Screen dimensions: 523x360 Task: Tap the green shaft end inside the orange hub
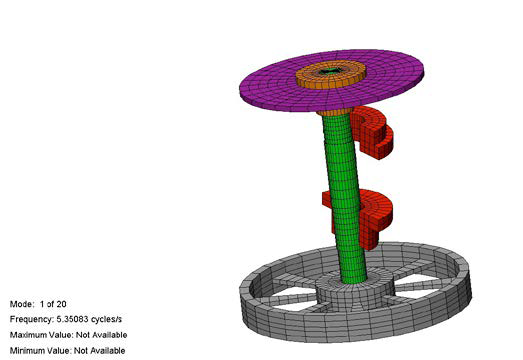(330, 71)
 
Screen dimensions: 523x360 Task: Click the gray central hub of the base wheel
(350, 294)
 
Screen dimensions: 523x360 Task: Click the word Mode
(22, 304)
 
